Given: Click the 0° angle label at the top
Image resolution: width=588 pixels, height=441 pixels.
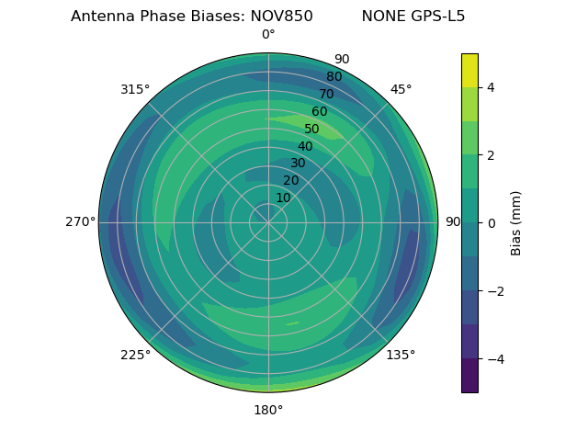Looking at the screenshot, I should [268, 35].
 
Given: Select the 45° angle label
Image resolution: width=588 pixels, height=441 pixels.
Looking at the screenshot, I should [401, 89].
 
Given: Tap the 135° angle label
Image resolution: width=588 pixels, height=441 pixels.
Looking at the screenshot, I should [401, 355].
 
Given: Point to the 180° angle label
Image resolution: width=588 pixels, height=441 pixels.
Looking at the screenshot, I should [268, 410].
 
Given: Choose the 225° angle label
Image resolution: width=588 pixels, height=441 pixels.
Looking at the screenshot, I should [135, 355].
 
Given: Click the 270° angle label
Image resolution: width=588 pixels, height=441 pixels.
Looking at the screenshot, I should [80, 221].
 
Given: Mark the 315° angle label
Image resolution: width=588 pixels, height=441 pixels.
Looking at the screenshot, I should [135, 89].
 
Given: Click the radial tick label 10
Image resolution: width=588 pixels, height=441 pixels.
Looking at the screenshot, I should [283, 198].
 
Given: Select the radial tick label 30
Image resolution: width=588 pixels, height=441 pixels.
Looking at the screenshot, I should [298, 164].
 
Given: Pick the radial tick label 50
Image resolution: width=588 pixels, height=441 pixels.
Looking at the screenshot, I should [311, 129].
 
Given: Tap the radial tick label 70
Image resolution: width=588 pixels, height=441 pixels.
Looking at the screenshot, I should [326, 94].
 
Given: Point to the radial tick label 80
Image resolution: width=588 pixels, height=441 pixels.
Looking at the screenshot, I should [334, 77].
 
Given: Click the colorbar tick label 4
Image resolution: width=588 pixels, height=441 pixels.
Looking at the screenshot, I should [491, 87].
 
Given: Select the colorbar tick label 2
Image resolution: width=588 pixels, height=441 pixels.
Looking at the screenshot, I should [491, 155].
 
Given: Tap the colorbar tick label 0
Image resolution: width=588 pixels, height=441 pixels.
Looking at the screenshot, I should [491, 223].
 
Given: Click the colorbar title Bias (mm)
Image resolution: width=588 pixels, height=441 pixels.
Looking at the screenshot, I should [516, 223].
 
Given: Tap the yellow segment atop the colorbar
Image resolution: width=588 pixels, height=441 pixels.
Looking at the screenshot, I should [469, 70].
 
